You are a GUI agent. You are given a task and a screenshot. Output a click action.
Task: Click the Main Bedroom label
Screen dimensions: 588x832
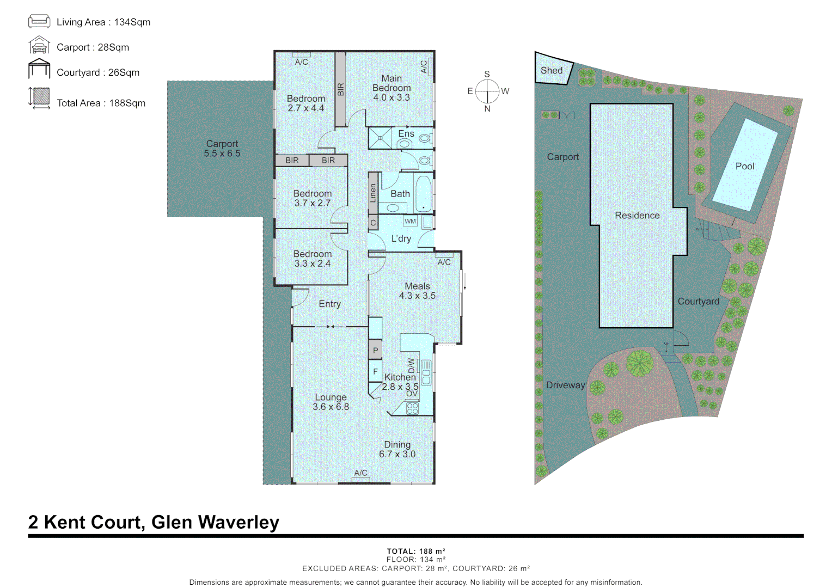click(x=391, y=88)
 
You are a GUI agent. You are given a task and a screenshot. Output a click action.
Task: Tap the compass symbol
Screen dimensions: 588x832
click(x=487, y=91)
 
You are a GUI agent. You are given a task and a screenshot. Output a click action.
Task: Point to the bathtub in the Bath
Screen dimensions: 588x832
click(x=424, y=193)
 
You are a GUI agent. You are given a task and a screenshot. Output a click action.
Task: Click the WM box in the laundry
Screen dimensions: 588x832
click(x=410, y=221)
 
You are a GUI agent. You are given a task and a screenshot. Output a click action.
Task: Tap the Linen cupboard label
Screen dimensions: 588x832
click(x=373, y=193)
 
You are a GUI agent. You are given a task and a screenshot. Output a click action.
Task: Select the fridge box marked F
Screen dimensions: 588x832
click(x=375, y=372)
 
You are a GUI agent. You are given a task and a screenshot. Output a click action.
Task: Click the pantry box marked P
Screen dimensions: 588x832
click(x=375, y=351)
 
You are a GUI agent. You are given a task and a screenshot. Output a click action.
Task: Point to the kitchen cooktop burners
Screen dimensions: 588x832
click(x=412, y=408)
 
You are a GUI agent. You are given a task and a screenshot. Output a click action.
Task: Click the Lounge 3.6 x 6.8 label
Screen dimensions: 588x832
click(x=331, y=402)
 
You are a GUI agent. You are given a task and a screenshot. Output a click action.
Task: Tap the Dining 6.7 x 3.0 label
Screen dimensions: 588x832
click(x=397, y=449)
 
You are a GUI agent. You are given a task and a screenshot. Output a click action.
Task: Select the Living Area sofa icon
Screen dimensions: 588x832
click(x=39, y=22)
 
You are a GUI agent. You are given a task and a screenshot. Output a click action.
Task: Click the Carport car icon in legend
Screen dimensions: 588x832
click(x=39, y=46)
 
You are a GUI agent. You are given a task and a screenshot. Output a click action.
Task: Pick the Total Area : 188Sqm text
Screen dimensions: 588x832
click(x=101, y=103)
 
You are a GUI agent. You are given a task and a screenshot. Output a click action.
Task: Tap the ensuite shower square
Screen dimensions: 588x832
click(x=381, y=138)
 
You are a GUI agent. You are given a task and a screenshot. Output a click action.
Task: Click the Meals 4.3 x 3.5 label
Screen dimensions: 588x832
click(x=417, y=291)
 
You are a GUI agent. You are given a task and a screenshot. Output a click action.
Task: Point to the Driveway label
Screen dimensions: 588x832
click(x=565, y=385)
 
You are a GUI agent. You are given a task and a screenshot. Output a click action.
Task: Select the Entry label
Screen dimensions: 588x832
click(x=329, y=304)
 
